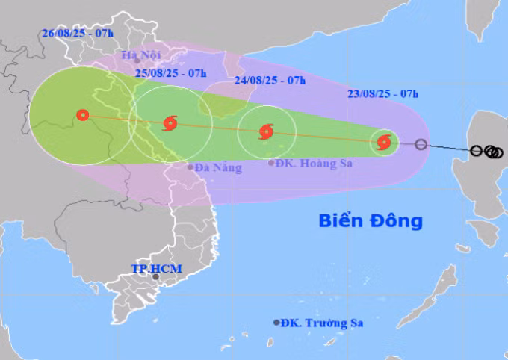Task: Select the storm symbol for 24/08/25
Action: [x=266, y=133]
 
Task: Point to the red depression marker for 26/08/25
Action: [x=82, y=115]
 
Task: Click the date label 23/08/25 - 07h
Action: [x=382, y=93]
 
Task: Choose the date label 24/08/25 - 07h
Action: [x=270, y=81]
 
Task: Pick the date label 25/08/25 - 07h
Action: [x=171, y=72]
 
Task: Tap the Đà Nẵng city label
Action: [x=218, y=168]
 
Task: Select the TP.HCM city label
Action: [x=156, y=268]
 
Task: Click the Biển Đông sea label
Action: [x=371, y=220]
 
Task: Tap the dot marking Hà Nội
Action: [x=127, y=61]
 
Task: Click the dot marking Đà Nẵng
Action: [x=190, y=168]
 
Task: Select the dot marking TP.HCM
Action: [x=156, y=277]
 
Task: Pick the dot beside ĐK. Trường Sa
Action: [x=276, y=323]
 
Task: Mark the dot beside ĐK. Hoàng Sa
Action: [x=271, y=162]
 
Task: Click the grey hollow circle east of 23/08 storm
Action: [x=421, y=144]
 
